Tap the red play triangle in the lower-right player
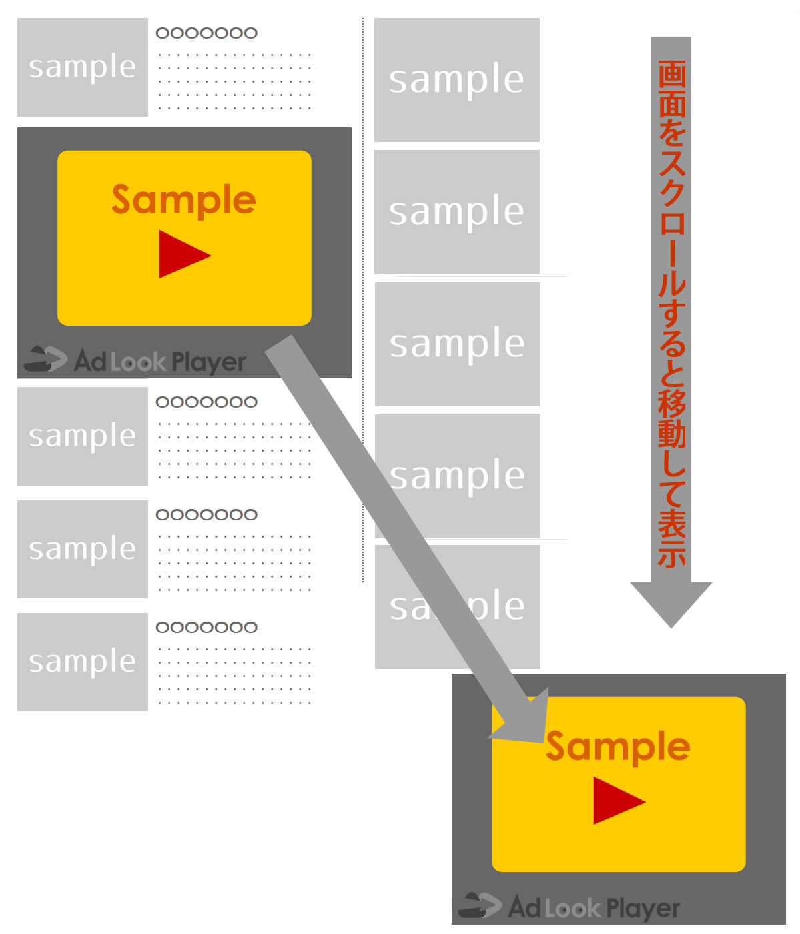[x=615, y=801]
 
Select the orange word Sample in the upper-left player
[x=183, y=199]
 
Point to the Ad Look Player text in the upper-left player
[x=160, y=362]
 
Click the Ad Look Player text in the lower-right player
[x=594, y=908]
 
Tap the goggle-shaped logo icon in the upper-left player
[x=45, y=359]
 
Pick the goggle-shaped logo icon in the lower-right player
[x=479, y=905]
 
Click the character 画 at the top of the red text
[x=671, y=73]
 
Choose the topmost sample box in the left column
[x=83, y=67]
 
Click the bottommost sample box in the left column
[x=83, y=662]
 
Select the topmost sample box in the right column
[x=457, y=79]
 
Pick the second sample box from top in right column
[x=457, y=211]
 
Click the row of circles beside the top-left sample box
[x=206, y=33]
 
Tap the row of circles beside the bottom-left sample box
[x=206, y=627]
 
